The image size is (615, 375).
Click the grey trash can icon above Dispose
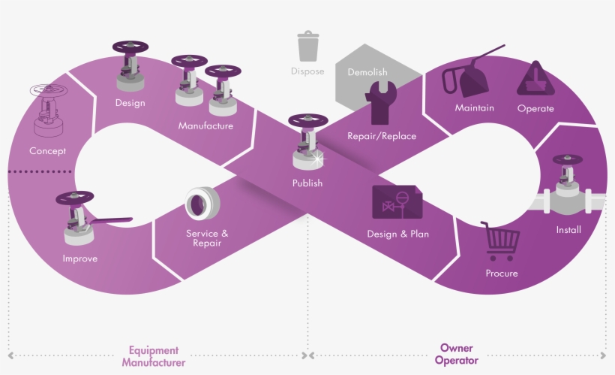point(307,46)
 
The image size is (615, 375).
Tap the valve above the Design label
point(130,68)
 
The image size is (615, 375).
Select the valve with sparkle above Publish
point(307,143)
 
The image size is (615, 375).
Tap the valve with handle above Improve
point(76,219)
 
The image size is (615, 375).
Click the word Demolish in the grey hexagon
point(367,72)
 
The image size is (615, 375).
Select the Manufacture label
point(205,126)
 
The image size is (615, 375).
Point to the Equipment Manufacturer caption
point(153,355)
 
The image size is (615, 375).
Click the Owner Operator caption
point(457,354)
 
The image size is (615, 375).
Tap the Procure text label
point(502,273)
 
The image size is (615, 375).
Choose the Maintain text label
point(474,107)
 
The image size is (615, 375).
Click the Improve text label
point(79,259)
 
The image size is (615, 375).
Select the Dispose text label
point(307,71)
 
